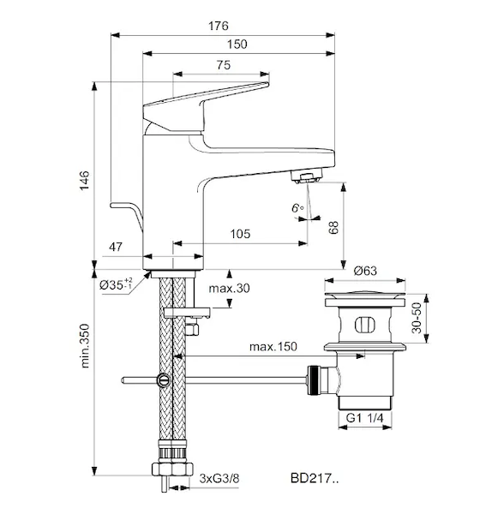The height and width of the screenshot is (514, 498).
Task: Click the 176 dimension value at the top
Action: (219, 26)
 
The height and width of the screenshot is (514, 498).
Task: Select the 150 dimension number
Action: (237, 44)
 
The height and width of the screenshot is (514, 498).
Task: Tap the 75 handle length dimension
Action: (224, 65)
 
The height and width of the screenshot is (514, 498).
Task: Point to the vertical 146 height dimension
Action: (84, 180)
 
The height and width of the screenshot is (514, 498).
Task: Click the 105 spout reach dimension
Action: (240, 234)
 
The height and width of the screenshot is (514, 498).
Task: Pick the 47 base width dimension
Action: (116, 247)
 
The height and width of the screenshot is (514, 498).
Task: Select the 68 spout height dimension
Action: (333, 228)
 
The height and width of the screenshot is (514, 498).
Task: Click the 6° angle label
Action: (297, 208)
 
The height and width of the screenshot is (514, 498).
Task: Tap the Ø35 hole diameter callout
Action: (116, 284)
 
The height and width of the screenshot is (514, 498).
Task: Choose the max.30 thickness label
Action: (230, 288)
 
